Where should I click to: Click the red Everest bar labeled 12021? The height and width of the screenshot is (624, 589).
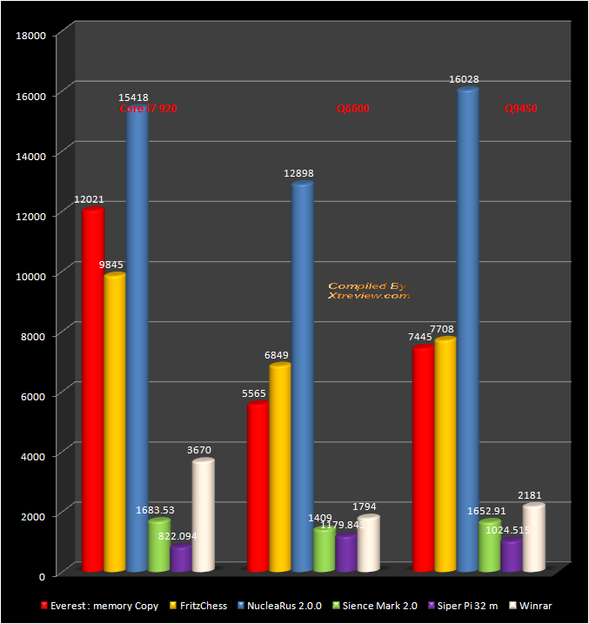coord(92,392)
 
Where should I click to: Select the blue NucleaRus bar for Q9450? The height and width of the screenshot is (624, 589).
coord(468,331)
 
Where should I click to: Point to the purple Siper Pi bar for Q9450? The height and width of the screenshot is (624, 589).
coord(512,556)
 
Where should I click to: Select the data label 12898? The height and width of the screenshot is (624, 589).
coord(298,174)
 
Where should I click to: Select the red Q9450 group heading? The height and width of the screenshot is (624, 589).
coord(521,110)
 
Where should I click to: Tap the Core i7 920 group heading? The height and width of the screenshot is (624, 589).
coord(148,110)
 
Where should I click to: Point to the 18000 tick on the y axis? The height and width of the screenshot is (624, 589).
coord(32,35)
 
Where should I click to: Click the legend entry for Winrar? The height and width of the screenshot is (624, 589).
coord(532,606)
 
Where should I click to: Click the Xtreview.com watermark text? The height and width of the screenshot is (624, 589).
coord(368,296)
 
